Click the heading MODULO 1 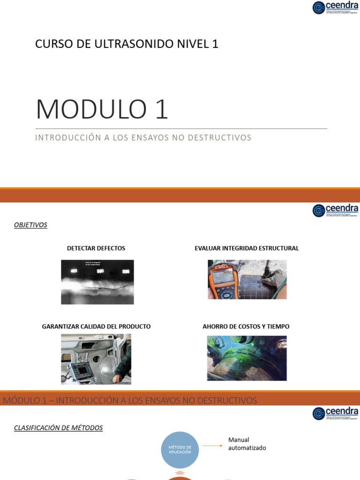click(x=102, y=109)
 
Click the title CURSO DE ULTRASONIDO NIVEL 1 click(x=127, y=44)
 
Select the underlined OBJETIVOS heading click(x=30, y=225)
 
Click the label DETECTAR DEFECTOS click(x=96, y=248)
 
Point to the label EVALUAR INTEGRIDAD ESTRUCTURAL click(x=247, y=248)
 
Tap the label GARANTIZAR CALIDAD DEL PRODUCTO click(x=96, y=326)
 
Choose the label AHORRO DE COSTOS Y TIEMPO click(x=246, y=326)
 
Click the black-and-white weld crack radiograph click(x=97, y=282)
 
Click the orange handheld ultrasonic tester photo click(x=247, y=279)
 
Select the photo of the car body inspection click(x=96, y=359)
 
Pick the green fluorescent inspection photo click(x=247, y=358)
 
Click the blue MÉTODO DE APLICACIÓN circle click(x=180, y=450)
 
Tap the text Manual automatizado click(x=247, y=444)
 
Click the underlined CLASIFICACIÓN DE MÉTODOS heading click(x=58, y=427)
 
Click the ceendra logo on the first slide click(x=335, y=7)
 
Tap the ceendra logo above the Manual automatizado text click(x=335, y=413)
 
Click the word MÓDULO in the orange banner click(x=19, y=401)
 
